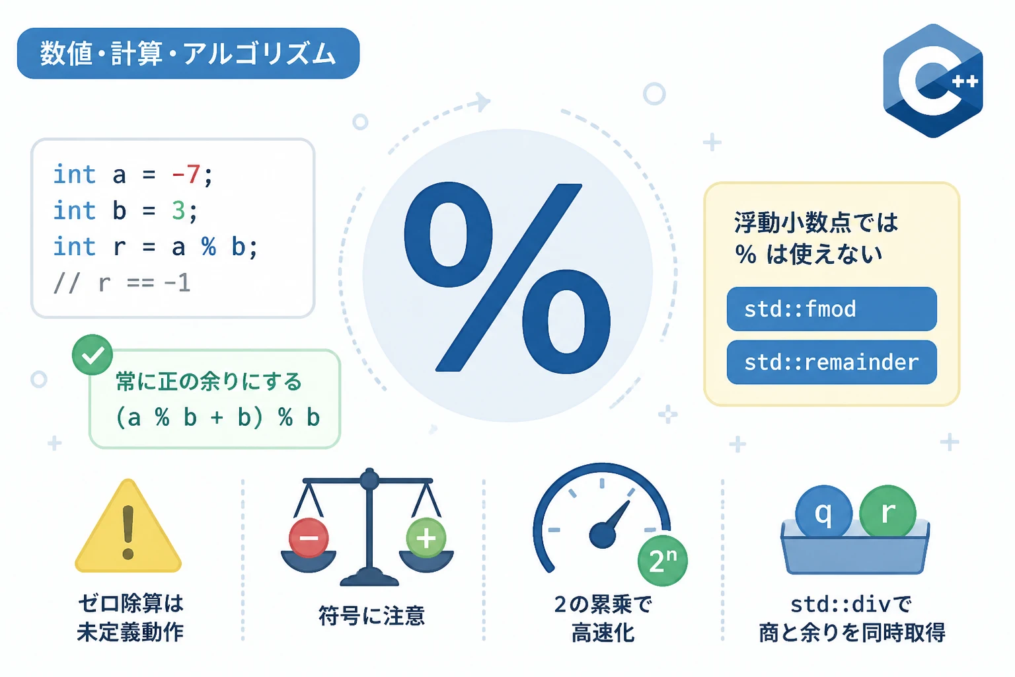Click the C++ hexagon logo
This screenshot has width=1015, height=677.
(933, 81)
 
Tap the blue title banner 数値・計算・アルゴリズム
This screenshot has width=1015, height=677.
(188, 54)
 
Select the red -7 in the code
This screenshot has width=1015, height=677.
(186, 174)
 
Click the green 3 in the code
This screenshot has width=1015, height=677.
(178, 210)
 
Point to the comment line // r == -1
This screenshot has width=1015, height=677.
(122, 283)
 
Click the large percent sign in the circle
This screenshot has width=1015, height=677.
(507, 278)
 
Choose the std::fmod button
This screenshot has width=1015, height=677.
(831, 309)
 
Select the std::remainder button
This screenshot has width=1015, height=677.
(831, 362)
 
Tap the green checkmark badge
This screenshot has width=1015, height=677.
(93, 354)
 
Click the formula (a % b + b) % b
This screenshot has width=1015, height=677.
(218, 417)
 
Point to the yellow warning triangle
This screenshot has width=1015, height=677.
(128, 526)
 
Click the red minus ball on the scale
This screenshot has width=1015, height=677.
(309, 538)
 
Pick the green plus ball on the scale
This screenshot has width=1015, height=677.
(426, 538)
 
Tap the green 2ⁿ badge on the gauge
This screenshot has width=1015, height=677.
(663, 561)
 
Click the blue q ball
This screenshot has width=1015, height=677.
(823, 512)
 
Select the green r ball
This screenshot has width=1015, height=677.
(887, 512)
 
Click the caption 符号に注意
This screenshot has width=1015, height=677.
(371, 616)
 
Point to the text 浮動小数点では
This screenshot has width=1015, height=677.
(815, 223)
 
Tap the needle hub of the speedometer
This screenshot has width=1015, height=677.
(603, 535)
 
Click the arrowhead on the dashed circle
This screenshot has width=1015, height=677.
(481, 102)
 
